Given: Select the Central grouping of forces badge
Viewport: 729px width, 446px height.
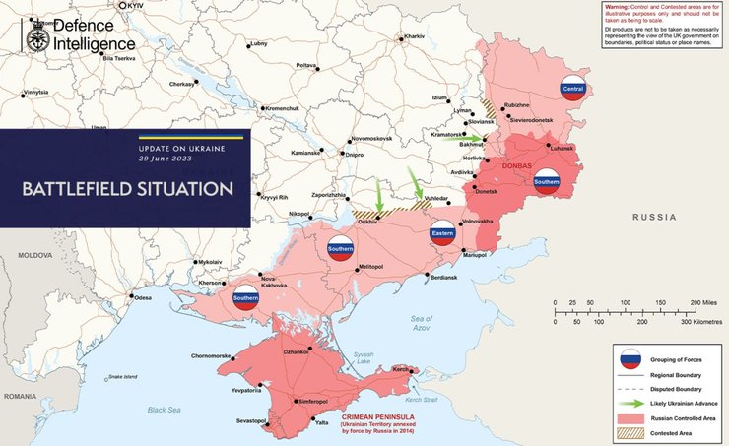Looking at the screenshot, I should [572, 87].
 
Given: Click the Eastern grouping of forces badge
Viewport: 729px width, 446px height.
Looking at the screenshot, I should [442, 232].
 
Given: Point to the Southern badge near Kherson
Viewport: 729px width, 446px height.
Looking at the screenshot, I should [245, 298].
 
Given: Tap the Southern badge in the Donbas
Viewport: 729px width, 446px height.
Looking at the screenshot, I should [546, 182].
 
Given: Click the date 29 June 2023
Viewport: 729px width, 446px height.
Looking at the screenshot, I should [166, 159].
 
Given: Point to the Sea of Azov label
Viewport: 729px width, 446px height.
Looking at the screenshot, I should [422, 321].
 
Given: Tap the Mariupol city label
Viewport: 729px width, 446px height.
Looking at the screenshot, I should [475, 256].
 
